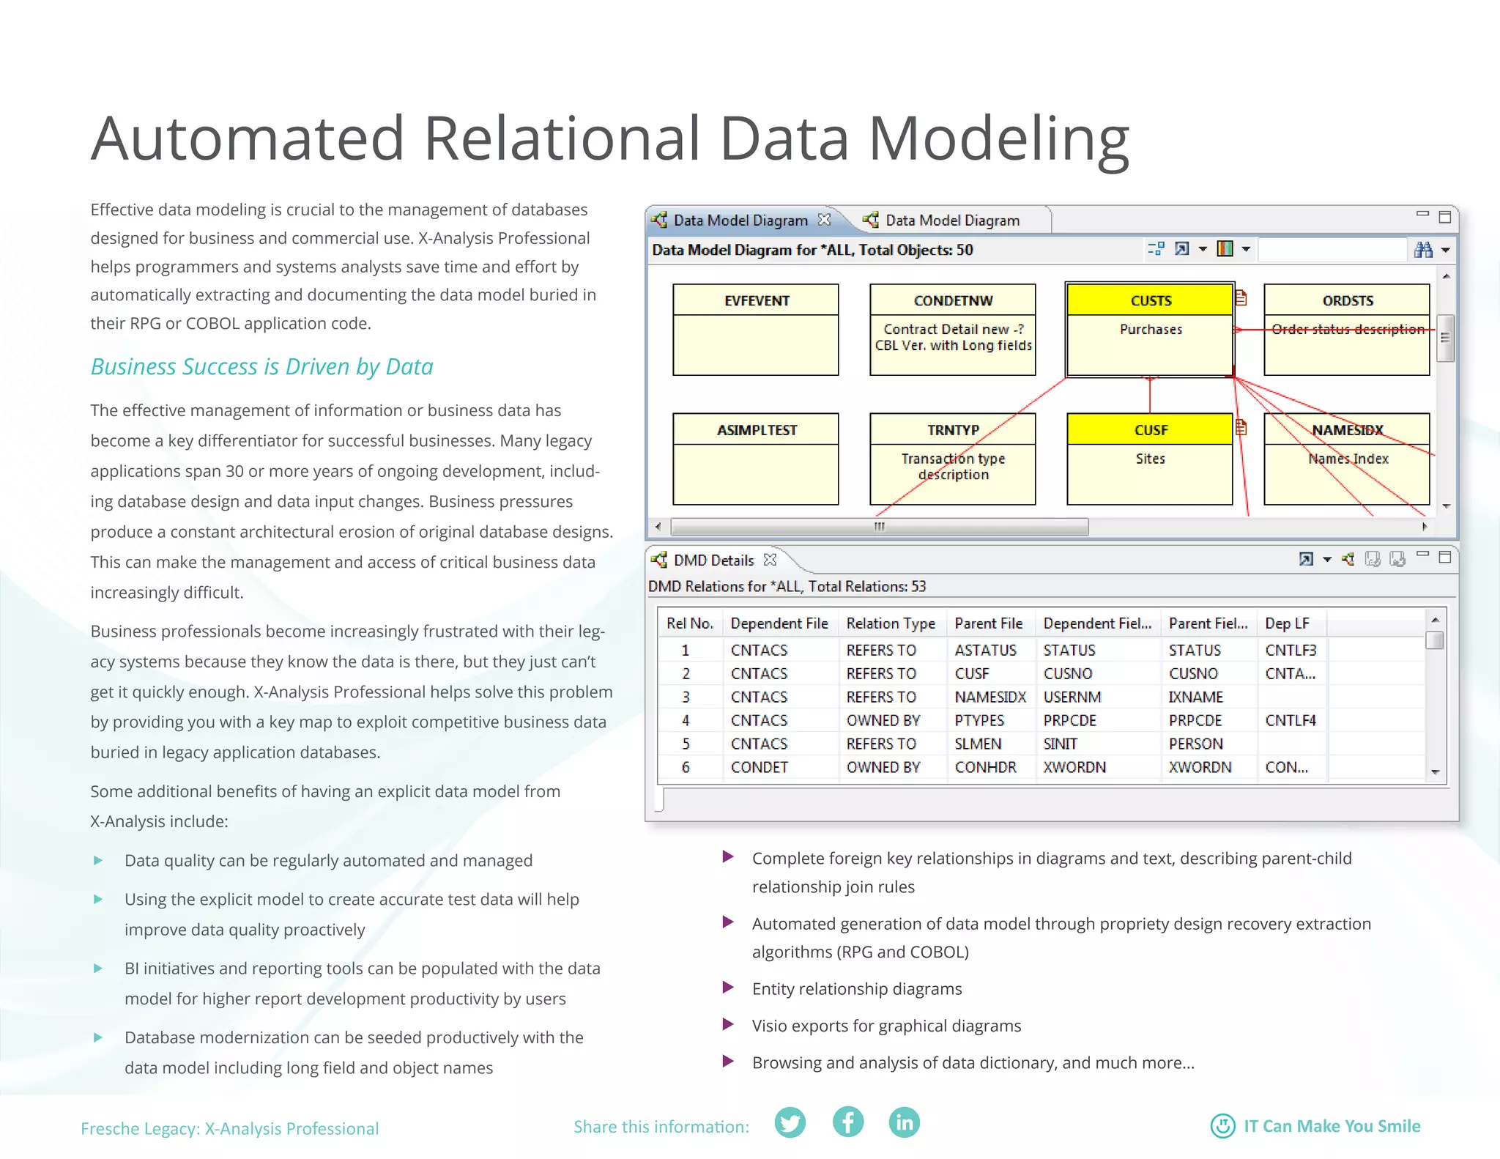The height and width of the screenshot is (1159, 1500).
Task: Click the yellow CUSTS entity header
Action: click(x=1150, y=300)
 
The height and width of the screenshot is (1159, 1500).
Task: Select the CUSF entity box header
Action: click(x=1150, y=430)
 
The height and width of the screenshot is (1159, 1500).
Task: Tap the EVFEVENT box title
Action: click(x=756, y=300)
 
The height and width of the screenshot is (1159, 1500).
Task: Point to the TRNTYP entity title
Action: click(x=952, y=430)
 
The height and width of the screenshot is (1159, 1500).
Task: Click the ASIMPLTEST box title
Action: click(x=756, y=430)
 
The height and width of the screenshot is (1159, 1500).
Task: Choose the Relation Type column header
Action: click(x=891, y=623)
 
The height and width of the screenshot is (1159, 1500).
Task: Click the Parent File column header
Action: click(x=988, y=623)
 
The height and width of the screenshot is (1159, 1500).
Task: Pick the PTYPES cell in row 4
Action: click(x=979, y=720)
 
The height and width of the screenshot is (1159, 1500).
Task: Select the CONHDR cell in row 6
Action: click(x=985, y=767)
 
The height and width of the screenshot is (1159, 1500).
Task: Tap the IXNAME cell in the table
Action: click(x=1195, y=697)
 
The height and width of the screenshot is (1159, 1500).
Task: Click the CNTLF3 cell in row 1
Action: click(x=1291, y=650)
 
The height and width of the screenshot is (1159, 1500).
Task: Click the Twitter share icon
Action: click(x=790, y=1122)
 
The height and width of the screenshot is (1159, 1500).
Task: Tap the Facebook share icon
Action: click(x=848, y=1122)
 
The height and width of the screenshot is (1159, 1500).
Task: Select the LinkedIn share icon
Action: click(x=905, y=1122)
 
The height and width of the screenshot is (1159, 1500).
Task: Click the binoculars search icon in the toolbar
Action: click(x=1423, y=250)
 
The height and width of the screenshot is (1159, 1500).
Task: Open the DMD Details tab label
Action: click(x=713, y=560)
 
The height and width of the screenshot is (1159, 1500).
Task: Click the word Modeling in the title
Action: click(x=998, y=139)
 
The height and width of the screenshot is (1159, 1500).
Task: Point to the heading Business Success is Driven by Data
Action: click(x=261, y=366)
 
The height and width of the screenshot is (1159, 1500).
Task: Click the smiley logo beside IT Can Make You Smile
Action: click(x=1222, y=1126)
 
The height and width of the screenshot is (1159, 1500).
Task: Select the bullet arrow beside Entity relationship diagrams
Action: click(x=728, y=988)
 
